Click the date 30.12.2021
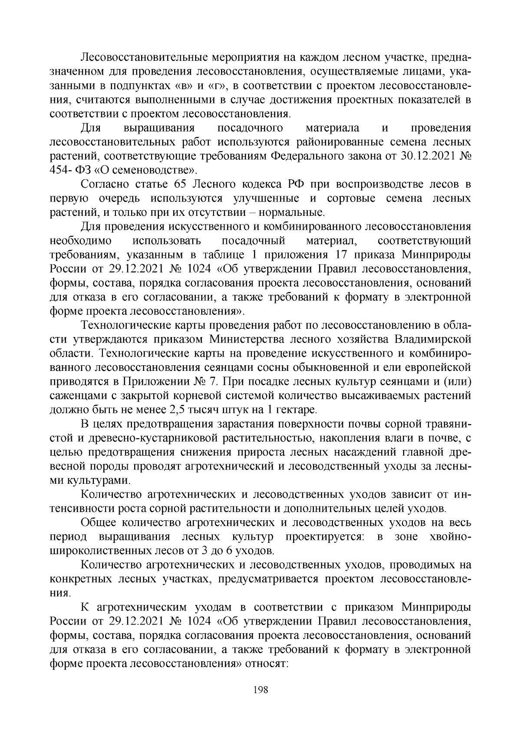418,156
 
